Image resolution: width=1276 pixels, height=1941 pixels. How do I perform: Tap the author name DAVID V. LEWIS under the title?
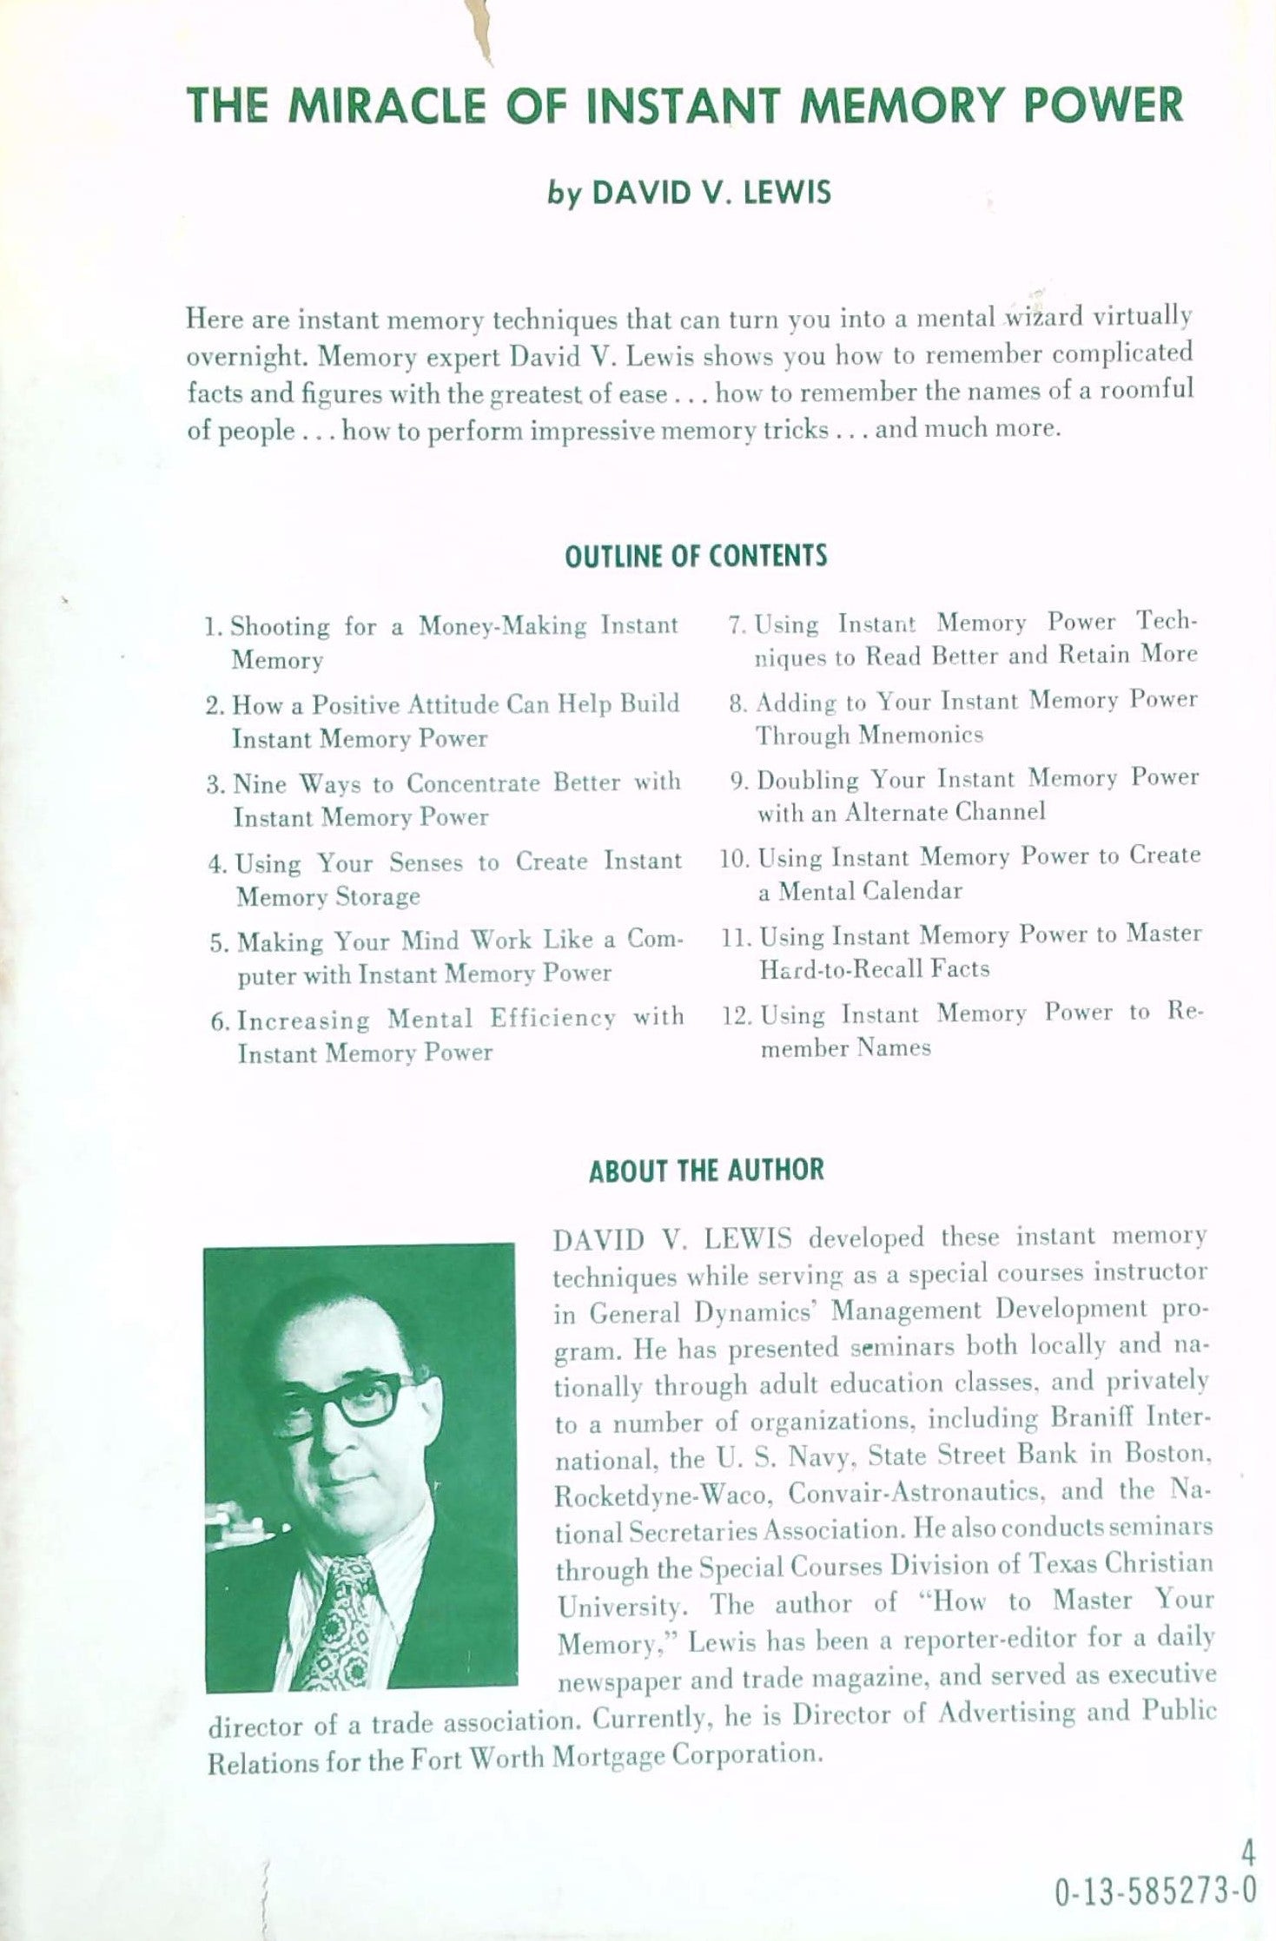[x=711, y=192]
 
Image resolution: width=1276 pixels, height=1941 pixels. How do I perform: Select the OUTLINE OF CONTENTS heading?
[x=695, y=556]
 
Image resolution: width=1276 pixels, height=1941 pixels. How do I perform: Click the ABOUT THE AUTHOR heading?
[x=705, y=1171]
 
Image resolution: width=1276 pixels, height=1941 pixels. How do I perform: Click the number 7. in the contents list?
[x=737, y=624]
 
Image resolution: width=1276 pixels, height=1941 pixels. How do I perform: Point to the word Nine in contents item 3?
[x=260, y=784]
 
